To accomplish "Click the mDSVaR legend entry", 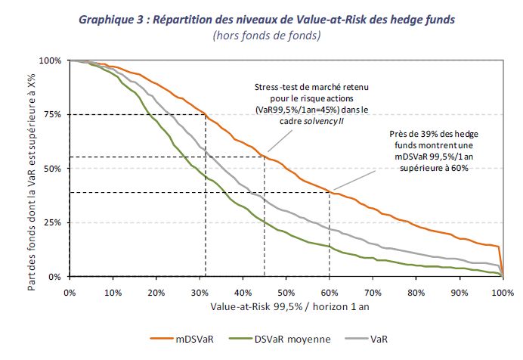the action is (x=182, y=340).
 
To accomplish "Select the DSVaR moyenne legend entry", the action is (x=280, y=340).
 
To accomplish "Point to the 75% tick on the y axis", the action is (x=53, y=114).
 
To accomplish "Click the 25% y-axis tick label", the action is (x=53, y=222).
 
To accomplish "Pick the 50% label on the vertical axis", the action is (x=53, y=169).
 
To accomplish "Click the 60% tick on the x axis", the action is (x=330, y=293).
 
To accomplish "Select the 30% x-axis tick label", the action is (x=200, y=293).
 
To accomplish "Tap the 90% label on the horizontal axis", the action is (x=460, y=293).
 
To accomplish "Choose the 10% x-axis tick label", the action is (x=113, y=293).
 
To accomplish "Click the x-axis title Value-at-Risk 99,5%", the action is (x=256, y=306).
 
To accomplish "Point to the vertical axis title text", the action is (x=31, y=182).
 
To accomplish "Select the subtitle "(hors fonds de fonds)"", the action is (x=267, y=36).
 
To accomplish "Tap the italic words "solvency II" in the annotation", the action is (x=323, y=121).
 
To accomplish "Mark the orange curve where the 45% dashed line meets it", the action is (x=265, y=156).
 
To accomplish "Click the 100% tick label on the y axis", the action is (x=51, y=61).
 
